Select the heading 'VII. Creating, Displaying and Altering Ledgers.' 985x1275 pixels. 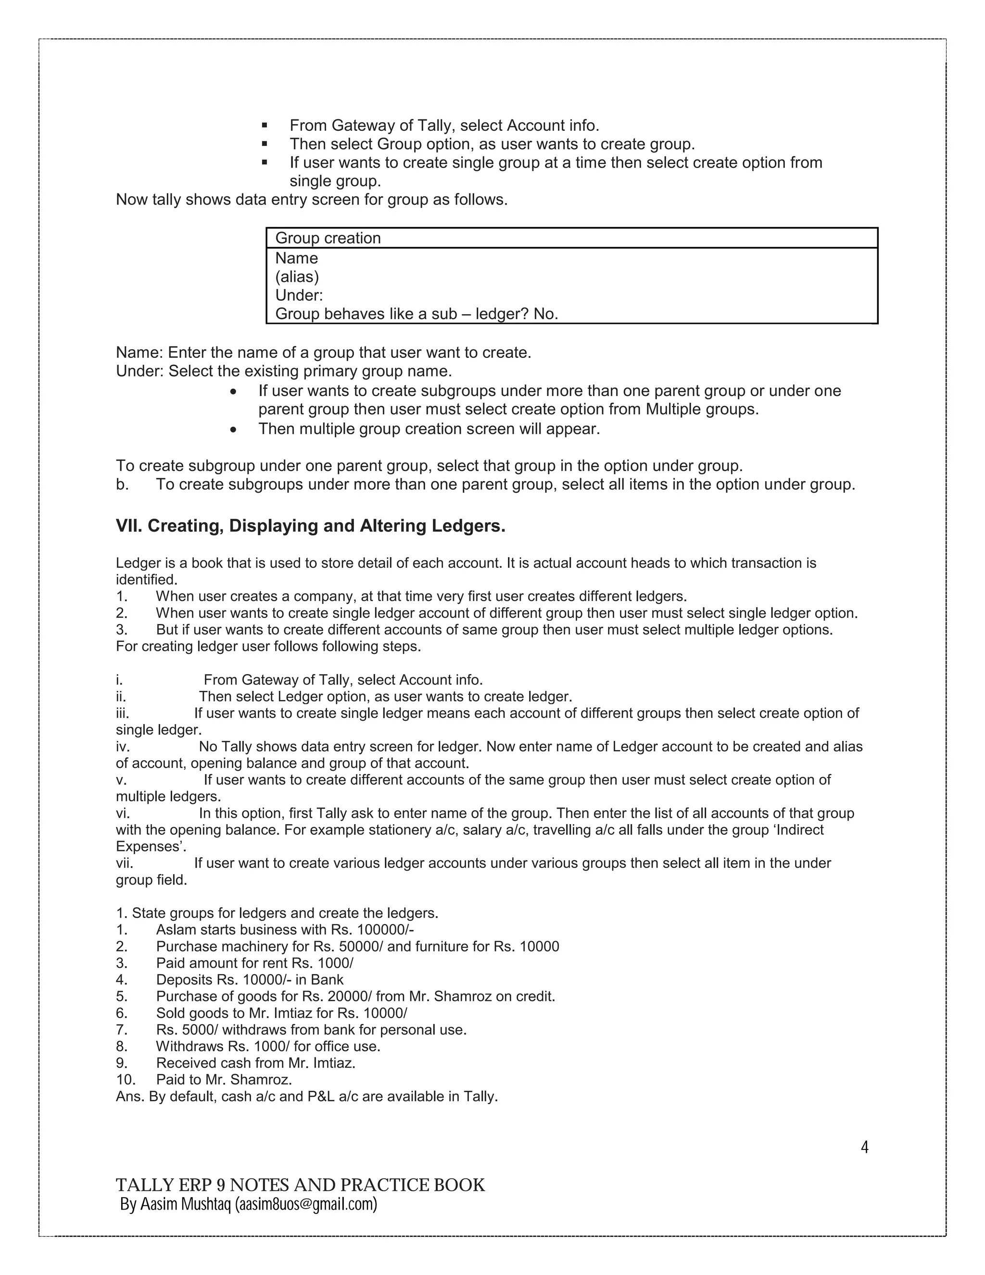click(310, 526)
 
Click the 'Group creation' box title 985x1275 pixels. click(328, 238)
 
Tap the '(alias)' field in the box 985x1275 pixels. click(297, 277)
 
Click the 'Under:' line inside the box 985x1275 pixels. click(299, 295)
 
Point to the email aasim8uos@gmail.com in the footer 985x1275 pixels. click(306, 1204)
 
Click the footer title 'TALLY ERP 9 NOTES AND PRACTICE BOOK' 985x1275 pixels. click(300, 1185)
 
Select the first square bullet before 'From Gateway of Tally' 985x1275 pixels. click(265, 126)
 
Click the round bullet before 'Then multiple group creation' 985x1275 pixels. click(233, 430)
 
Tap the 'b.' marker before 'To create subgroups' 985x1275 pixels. click(122, 484)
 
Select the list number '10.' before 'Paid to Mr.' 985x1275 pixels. click(126, 1080)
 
